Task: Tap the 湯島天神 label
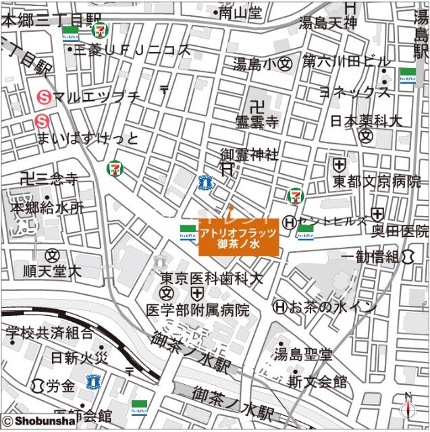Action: (x=327, y=24)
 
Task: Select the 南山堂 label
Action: (x=240, y=12)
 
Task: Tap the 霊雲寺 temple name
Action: (x=257, y=122)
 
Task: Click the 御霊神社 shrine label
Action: (x=249, y=155)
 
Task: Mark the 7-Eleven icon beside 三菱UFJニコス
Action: (x=101, y=31)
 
